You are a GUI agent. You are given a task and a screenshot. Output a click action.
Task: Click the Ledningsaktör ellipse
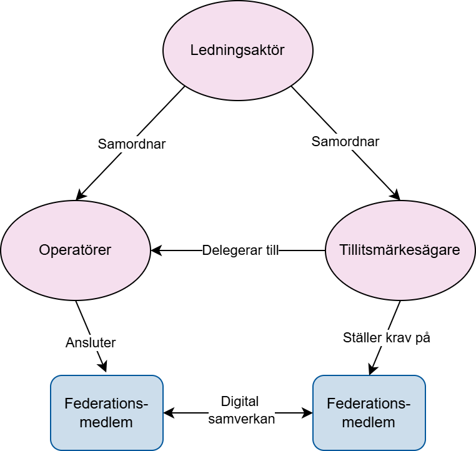pyautogui.click(x=238, y=51)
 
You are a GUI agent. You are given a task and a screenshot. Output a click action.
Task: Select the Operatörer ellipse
pyautogui.click(x=76, y=250)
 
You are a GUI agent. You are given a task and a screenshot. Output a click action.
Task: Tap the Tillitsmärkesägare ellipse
pyautogui.click(x=400, y=250)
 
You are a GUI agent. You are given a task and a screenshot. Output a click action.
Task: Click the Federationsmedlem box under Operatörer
pyautogui.click(x=107, y=413)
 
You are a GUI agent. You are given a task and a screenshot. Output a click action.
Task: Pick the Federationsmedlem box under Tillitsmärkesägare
pyautogui.click(x=369, y=413)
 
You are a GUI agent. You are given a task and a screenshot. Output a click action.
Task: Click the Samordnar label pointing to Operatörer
pyautogui.click(x=132, y=144)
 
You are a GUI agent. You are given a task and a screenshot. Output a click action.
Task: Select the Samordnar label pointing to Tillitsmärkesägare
pyautogui.click(x=345, y=141)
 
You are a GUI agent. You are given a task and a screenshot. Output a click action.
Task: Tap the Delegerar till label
pyautogui.click(x=240, y=250)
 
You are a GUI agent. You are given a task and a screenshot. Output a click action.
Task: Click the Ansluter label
pyautogui.click(x=91, y=343)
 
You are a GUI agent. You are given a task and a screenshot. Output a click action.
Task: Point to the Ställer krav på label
pyautogui.click(x=387, y=338)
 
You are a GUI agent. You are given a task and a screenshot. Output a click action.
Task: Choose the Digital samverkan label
pyautogui.click(x=241, y=410)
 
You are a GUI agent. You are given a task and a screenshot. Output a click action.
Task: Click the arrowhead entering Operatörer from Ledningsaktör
pyautogui.click(x=81, y=194)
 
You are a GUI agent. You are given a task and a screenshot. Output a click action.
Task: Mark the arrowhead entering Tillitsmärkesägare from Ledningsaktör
pyautogui.click(x=395, y=194)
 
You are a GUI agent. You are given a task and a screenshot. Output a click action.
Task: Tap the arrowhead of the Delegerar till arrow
pyautogui.click(x=156, y=250)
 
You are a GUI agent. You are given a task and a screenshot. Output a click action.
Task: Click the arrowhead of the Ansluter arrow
pyautogui.click(x=103, y=366)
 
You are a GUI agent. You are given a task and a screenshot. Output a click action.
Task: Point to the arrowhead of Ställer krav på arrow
pyautogui.click(x=373, y=369)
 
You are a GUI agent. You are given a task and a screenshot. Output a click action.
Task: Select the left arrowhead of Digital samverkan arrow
pyautogui.click(x=169, y=413)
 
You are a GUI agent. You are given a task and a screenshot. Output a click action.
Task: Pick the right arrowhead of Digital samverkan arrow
pyautogui.click(x=307, y=413)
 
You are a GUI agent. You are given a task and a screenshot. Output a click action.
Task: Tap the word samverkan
pyautogui.click(x=242, y=419)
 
